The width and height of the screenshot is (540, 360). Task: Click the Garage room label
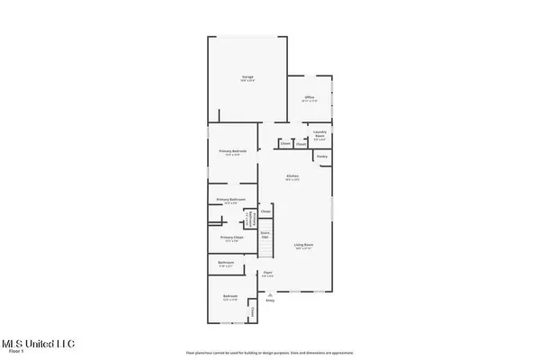247,78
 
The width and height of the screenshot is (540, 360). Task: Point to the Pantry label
321,157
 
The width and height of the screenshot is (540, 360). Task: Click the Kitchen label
292,176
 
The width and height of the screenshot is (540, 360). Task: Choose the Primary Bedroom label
232,152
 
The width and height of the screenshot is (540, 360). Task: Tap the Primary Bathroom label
230,200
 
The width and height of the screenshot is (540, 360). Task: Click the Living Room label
302,246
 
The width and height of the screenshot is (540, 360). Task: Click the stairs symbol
265,234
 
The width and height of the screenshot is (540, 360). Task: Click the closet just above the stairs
265,212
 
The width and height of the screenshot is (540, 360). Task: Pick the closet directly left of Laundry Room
301,144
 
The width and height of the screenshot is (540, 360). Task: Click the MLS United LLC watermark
38,343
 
